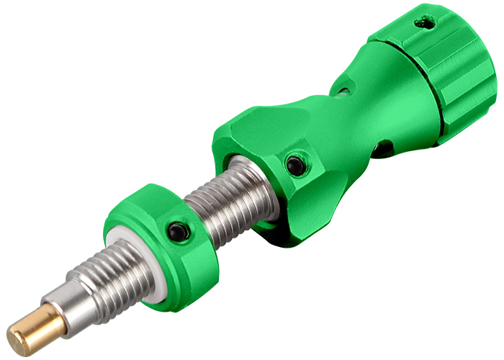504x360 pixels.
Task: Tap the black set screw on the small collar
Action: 176,232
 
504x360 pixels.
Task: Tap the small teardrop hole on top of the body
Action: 343,91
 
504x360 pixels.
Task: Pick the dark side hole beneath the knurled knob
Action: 383,149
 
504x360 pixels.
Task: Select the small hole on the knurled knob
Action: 429,24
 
